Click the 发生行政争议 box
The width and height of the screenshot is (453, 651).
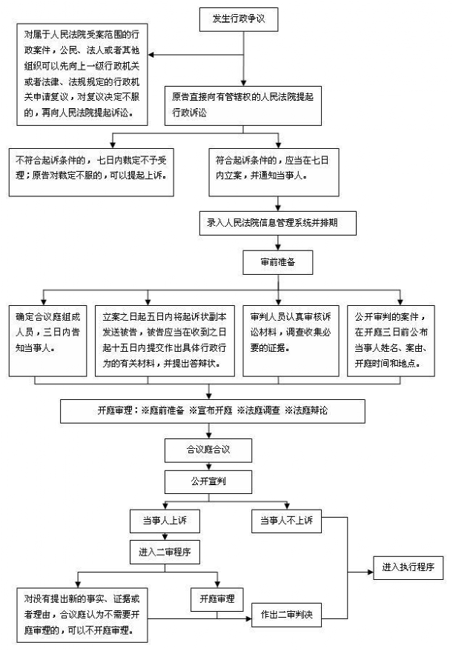(x=239, y=19)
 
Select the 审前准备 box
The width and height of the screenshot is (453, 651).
(x=277, y=262)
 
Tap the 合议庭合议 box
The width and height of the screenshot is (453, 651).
(x=208, y=450)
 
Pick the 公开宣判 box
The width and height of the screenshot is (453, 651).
(x=208, y=481)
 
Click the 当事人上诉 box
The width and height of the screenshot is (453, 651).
(x=165, y=521)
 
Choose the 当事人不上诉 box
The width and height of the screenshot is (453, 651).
(x=286, y=521)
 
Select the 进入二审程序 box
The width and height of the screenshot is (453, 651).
(x=165, y=552)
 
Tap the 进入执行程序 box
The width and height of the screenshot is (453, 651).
(x=408, y=567)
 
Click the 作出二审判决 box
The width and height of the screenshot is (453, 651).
(x=286, y=615)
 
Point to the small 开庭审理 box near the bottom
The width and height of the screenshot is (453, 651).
(x=217, y=599)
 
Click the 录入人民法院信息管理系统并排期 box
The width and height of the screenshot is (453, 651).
(x=277, y=224)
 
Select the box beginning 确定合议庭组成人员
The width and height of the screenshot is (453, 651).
(x=47, y=341)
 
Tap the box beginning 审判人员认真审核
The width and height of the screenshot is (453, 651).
(x=291, y=341)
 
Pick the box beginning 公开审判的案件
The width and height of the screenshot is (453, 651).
(x=391, y=341)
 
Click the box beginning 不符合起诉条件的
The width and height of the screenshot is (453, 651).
(x=91, y=173)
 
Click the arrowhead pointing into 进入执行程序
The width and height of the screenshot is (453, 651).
(x=370, y=572)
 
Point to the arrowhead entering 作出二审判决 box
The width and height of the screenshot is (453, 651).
(x=248, y=619)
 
